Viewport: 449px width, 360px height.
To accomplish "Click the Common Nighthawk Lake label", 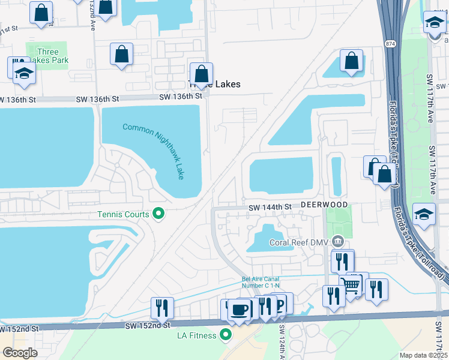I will click(x=152, y=151).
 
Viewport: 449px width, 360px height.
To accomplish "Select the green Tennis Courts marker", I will click(x=158, y=214).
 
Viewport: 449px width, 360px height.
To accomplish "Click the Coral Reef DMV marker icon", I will click(x=339, y=242).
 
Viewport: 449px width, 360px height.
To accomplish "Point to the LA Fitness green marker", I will click(x=226, y=335).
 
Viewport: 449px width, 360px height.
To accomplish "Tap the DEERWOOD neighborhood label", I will click(x=324, y=205).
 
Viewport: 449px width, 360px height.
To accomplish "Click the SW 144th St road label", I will click(x=271, y=206).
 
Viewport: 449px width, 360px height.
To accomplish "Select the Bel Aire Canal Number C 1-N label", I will click(x=262, y=281).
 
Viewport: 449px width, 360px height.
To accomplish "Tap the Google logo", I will click(x=20, y=353).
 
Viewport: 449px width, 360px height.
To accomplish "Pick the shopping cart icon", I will click(x=351, y=284).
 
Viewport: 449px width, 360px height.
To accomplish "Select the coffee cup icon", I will click(x=240, y=310).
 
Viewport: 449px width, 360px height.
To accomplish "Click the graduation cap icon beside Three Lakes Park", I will click(x=24, y=73).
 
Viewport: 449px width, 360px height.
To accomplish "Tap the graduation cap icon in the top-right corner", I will click(x=435, y=22).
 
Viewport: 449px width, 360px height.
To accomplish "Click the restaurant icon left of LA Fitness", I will click(x=162, y=308).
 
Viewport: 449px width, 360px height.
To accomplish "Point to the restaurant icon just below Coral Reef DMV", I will click(x=342, y=261).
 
